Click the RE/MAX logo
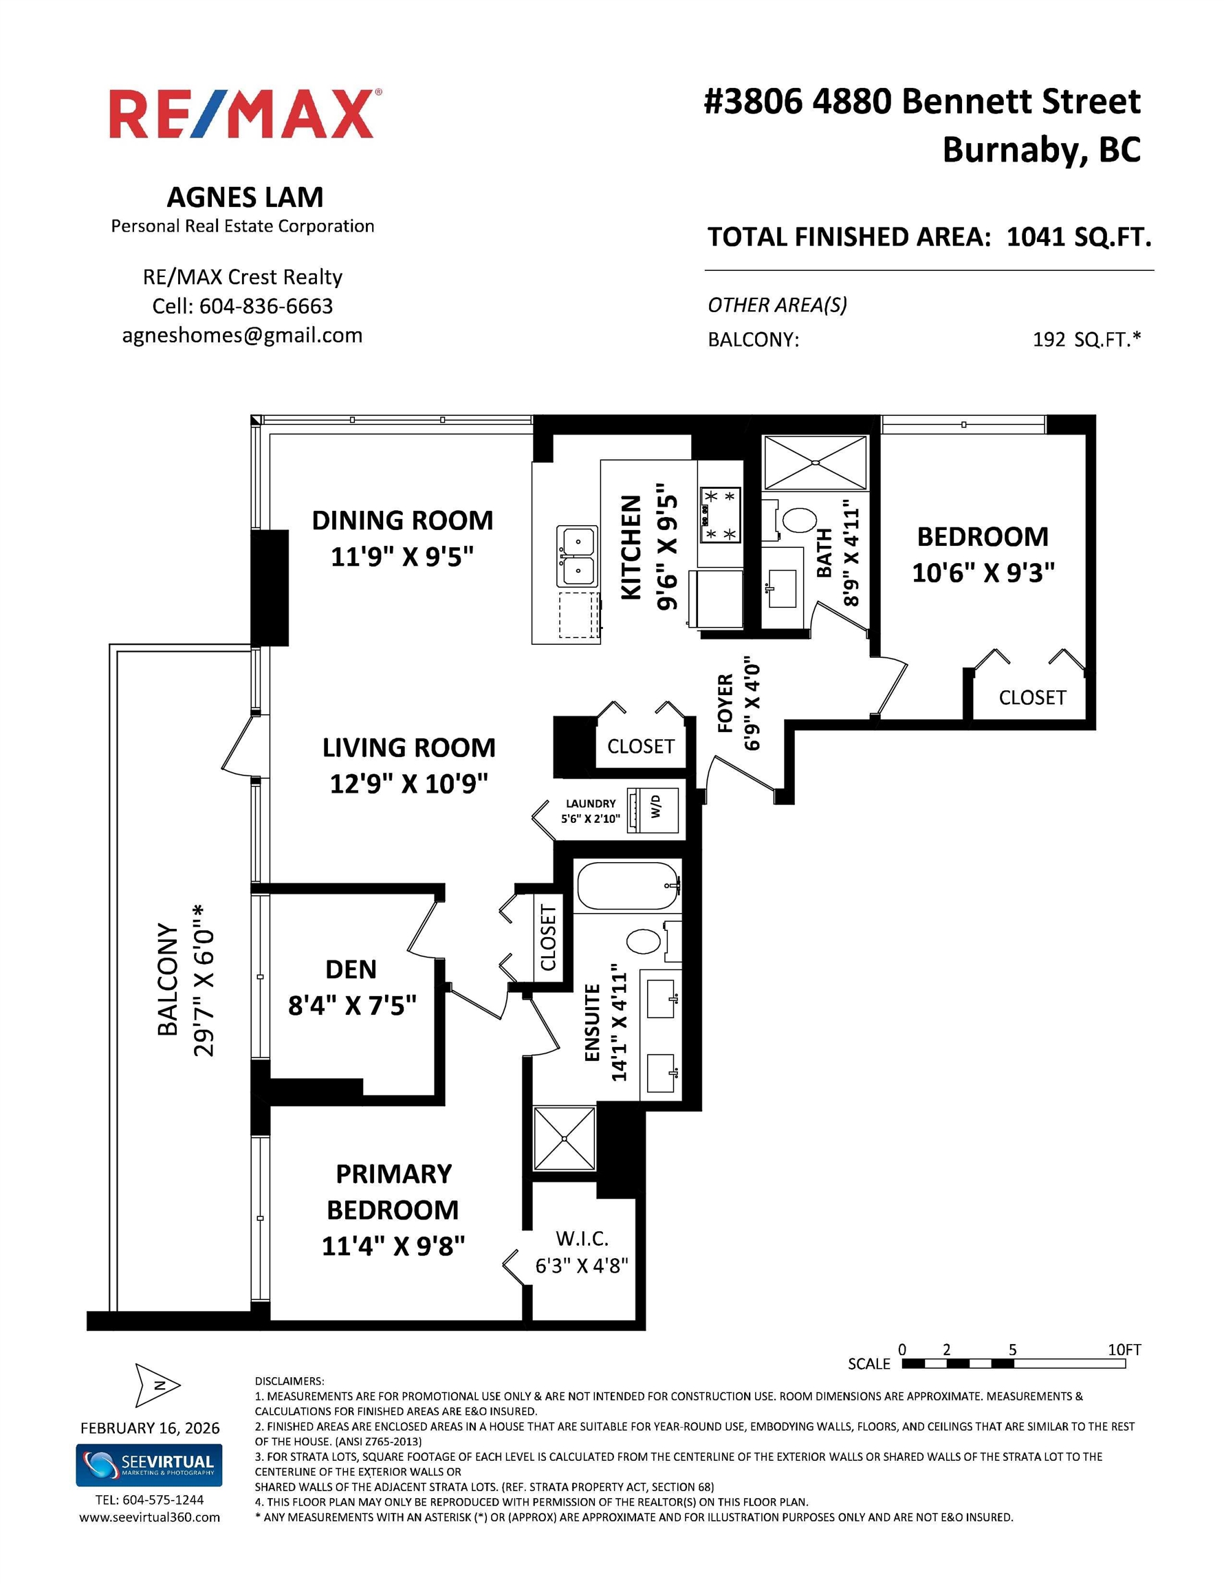click(x=245, y=114)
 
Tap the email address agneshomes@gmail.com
click(x=242, y=335)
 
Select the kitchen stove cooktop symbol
click(x=719, y=515)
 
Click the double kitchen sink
click(x=577, y=555)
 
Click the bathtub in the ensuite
click(x=629, y=885)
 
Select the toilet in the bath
click(x=792, y=520)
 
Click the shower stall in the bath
click(x=815, y=462)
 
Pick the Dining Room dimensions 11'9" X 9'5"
click(x=402, y=557)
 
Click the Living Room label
click(x=408, y=748)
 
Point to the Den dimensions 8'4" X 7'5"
click(x=352, y=1005)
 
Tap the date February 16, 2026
click(x=149, y=1428)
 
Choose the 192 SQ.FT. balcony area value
click(x=1086, y=340)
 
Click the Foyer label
click(x=725, y=703)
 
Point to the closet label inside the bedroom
click(x=1032, y=698)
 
